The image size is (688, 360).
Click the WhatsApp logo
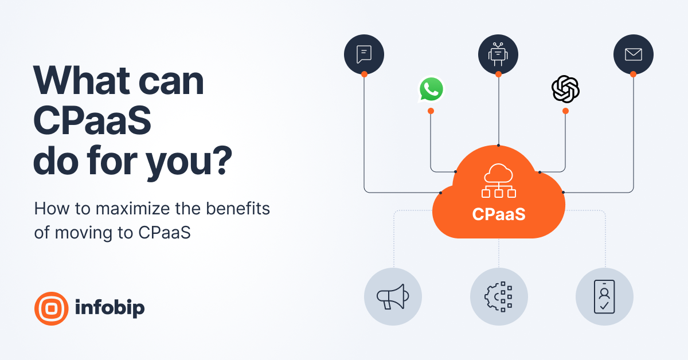431,89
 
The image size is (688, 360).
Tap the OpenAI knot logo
565,89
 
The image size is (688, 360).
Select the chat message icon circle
364,54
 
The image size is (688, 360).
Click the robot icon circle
498,54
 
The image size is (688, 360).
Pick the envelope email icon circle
633,54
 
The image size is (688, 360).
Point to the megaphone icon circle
393,296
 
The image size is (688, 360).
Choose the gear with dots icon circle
499,296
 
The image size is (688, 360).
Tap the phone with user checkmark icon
604,296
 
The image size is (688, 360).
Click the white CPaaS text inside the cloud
499,214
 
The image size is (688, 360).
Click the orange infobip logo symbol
51,308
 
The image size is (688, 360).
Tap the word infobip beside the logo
110,308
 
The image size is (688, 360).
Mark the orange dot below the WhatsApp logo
431,111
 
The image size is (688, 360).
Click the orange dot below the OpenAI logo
565,111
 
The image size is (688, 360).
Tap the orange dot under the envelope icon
633,74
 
